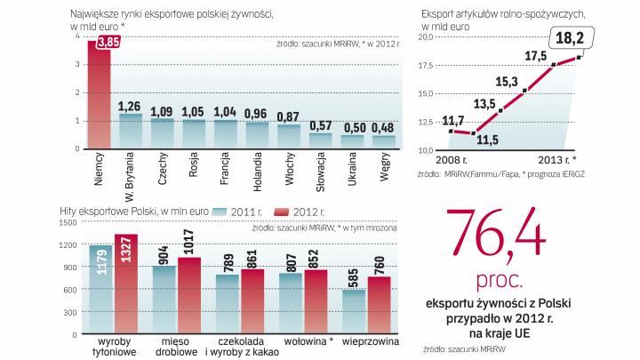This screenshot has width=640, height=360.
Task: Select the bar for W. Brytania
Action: click(x=131, y=131)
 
